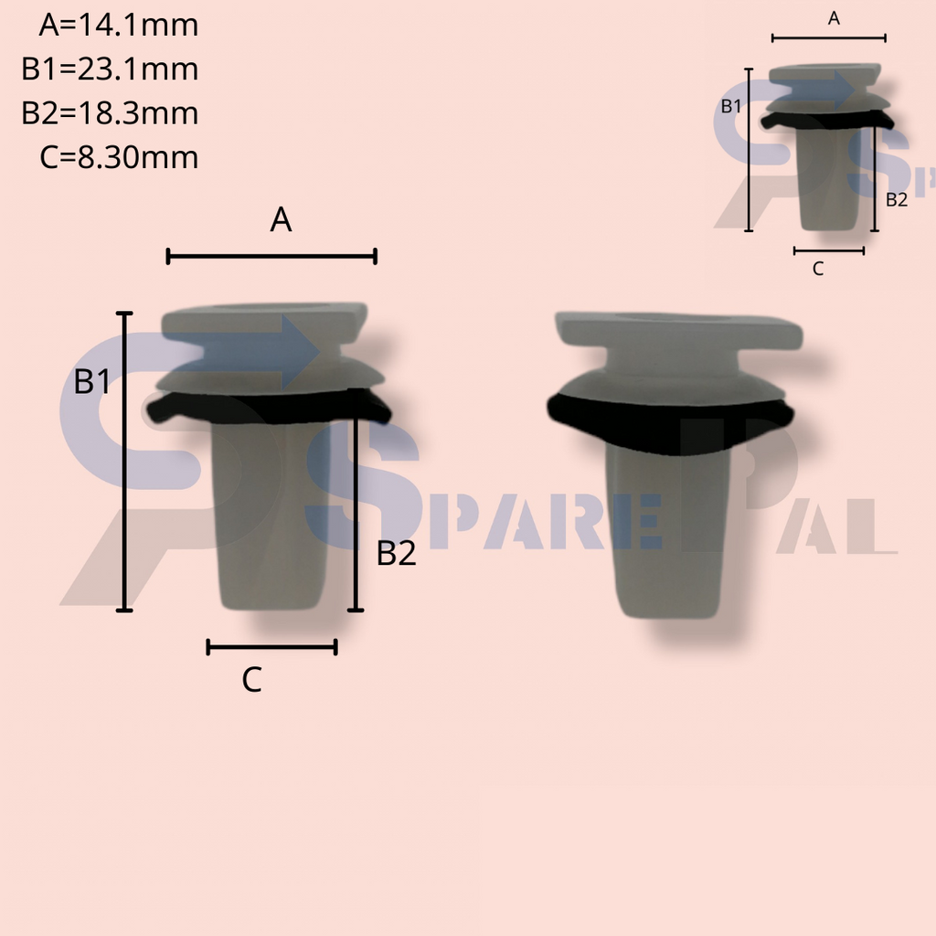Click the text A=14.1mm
[x=118, y=26]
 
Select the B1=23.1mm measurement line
[x=110, y=69]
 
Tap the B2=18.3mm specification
[x=110, y=113]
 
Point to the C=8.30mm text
[x=119, y=157]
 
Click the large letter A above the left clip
[x=281, y=220]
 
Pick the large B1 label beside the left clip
[x=92, y=382]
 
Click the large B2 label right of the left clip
[x=397, y=553]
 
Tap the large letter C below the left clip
[x=252, y=680]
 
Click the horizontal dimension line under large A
[x=271, y=257]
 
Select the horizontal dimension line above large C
[x=271, y=647]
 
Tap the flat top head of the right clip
[x=678, y=330]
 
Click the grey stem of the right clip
[x=666, y=539]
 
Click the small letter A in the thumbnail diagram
[x=834, y=18]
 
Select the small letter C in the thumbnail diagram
[x=818, y=269]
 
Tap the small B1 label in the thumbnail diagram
[x=731, y=106]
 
